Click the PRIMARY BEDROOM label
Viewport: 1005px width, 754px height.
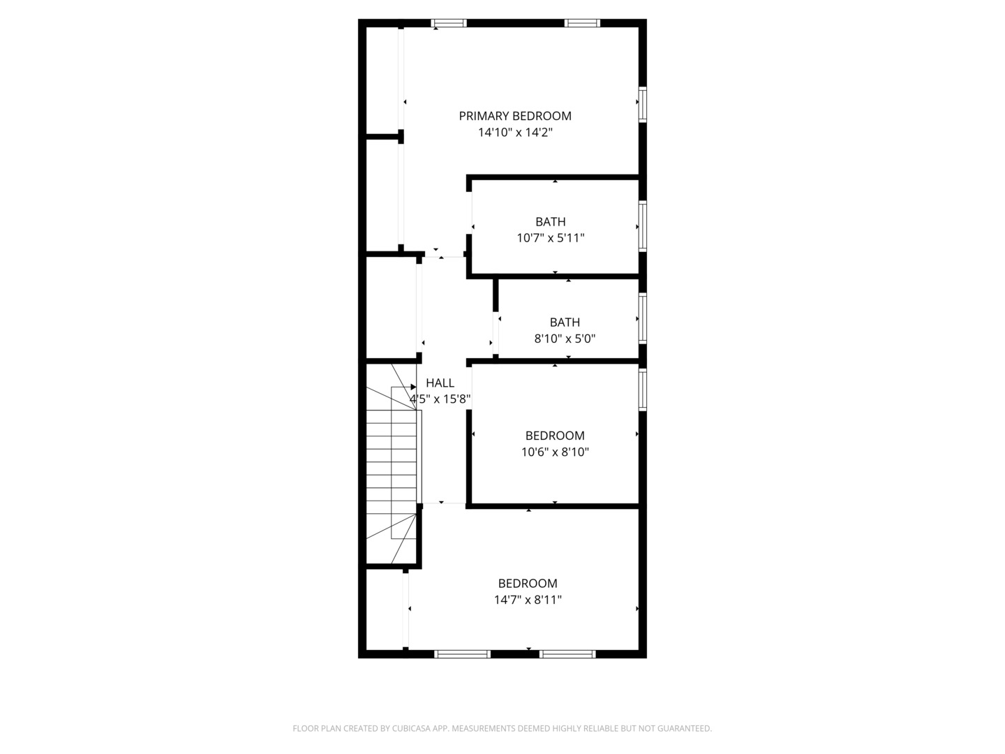point(515,117)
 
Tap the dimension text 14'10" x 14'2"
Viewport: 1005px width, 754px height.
point(516,133)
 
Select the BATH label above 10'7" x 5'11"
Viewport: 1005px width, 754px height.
point(551,222)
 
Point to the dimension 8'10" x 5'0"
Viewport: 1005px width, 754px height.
point(565,339)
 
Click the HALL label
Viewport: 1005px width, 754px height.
point(440,383)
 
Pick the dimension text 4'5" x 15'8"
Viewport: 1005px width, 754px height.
point(440,399)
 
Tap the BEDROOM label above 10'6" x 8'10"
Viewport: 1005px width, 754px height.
point(555,436)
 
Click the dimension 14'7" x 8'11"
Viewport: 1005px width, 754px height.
point(528,600)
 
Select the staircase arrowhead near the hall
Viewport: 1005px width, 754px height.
point(413,387)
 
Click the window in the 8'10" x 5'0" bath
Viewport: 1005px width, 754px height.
point(643,318)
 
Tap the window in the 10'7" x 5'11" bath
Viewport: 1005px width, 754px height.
point(643,226)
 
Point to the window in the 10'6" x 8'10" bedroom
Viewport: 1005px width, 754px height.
point(643,389)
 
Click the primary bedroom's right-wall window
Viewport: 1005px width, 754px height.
point(643,105)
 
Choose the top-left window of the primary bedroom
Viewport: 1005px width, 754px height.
point(449,23)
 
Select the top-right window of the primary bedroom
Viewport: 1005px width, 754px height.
point(582,23)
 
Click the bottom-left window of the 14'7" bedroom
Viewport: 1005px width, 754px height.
point(463,654)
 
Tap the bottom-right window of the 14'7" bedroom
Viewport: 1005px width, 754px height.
point(567,654)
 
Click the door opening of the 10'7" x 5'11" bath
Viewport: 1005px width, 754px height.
point(469,213)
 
